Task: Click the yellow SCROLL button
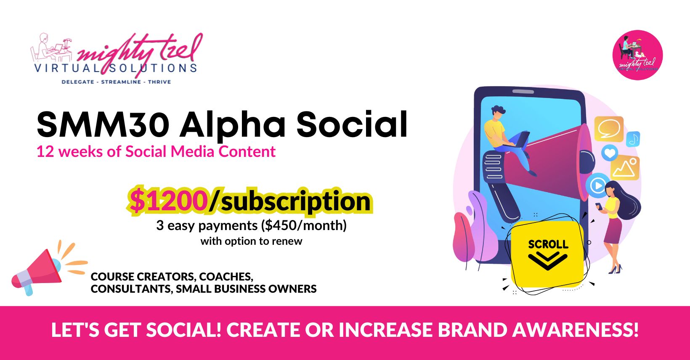547,254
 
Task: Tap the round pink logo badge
637,55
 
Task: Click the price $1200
168,201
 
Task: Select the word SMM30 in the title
103,125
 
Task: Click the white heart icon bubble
610,153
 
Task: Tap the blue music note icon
633,139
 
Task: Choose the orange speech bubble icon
609,129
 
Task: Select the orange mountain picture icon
625,168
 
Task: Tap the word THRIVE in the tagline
159,82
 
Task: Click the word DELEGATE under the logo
78,82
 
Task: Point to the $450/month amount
304,225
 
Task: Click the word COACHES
226,277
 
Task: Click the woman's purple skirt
613,230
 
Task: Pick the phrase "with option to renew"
251,241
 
